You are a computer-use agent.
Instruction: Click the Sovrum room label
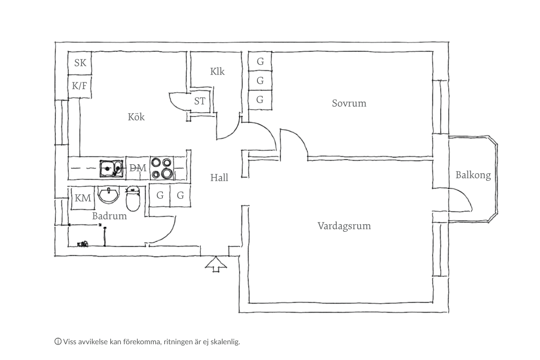click(x=349, y=103)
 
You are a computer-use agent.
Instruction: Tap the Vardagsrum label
click(x=344, y=226)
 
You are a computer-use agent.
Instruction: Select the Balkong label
click(x=473, y=175)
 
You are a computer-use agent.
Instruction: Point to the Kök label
click(x=136, y=117)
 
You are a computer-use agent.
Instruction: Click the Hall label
click(x=219, y=178)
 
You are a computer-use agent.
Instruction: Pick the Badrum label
click(x=109, y=216)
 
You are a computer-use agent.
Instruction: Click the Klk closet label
click(x=217, y=72)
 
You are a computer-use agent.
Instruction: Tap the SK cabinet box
click(x=80, y=63)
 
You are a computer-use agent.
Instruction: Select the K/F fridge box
click(x=80, y=85)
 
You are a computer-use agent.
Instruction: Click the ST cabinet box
click(x=200, y=101)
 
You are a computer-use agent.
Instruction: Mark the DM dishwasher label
click(x=138, y=168)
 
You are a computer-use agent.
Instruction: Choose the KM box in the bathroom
click(x=83, y=198)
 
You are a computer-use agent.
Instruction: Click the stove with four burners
click(x=162, y=168)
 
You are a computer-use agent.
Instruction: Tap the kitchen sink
click(x=110, y=169)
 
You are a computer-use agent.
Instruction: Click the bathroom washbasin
click(x=108, y=196)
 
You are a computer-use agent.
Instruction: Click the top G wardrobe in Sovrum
click(x=260, y=62)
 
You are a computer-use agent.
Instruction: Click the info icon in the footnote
click(x=58, y=342)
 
